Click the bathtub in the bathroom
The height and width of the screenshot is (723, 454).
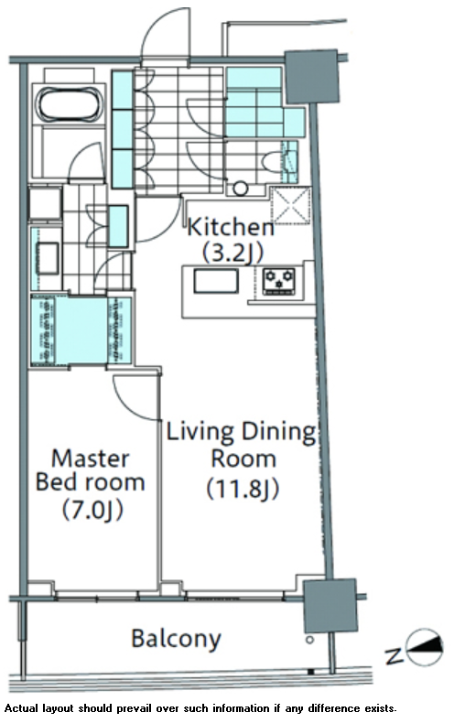click(70, 104)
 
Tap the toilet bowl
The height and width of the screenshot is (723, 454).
click(272, 162)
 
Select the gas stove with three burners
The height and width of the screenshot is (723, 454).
click(278, 281)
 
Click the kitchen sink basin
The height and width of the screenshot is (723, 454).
click(216, 281)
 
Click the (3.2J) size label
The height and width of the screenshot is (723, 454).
click(233, 253)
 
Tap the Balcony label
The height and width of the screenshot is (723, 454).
click(177, 639)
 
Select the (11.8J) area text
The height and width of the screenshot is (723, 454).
click(243, 489)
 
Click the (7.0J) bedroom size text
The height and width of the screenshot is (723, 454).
click(92, 510)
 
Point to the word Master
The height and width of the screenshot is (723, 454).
click(91, 459)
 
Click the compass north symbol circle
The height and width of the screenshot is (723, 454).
click(425, 647)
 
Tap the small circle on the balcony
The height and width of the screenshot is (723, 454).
click(310, 640)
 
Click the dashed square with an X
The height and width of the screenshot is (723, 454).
click(291, 206)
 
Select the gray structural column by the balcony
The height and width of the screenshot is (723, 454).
click(330, 606)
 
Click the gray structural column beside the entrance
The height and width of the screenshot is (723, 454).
click(312, 77)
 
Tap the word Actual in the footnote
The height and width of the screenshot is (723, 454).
click(22, 708)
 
